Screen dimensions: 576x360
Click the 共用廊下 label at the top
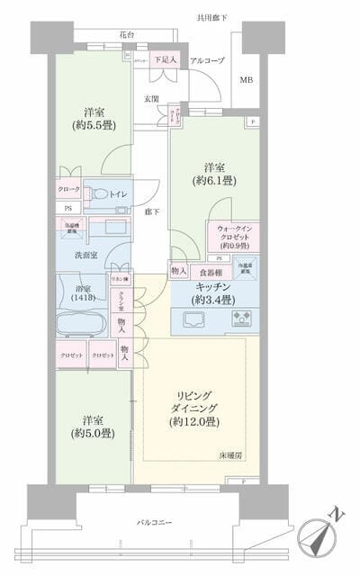(x=212, y=17)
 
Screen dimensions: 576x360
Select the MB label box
(x=246, y=80)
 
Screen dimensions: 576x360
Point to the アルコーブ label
(x=206, y=60)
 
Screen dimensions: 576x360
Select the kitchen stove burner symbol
(x=243, y=317)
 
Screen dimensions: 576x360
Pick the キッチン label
(x=214, y=287)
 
